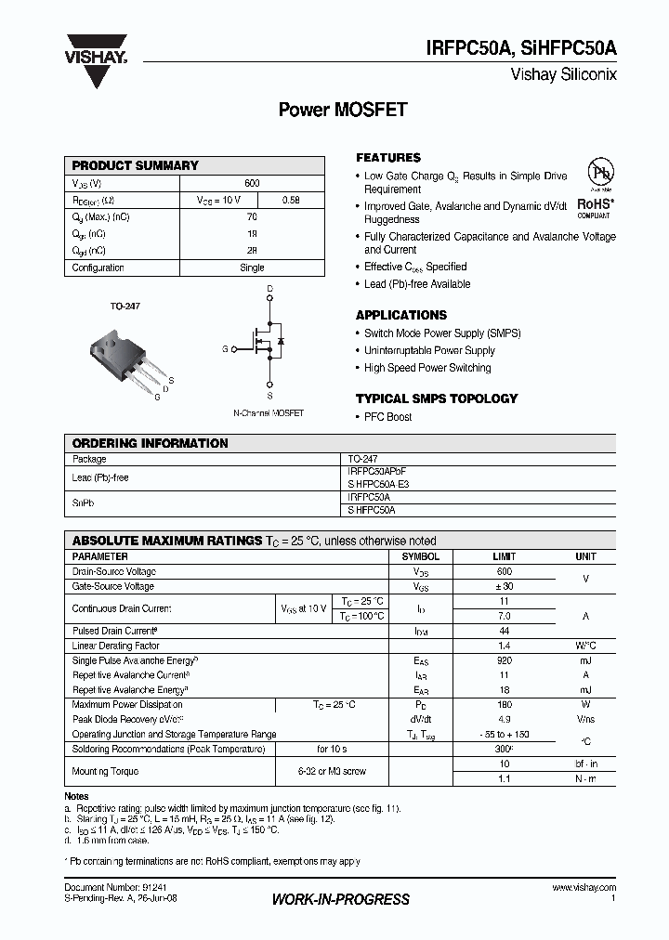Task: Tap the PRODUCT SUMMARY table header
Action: [x=136, y=165]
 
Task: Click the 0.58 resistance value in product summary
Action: [x=290, y=200]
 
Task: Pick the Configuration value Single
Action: [x=252, y=268]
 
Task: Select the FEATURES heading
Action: [x=388, y=158]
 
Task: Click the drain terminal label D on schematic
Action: [x=270, y=290]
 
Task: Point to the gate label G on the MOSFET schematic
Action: [x=224, y=349]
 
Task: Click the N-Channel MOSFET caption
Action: [x=268, y=412]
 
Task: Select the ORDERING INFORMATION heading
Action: [x=150, y=444]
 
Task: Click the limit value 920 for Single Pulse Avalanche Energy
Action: [x=505, y=660]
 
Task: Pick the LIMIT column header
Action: [x=505, y=556]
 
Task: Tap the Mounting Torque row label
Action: [x=105, y=771]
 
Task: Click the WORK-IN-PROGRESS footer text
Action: [x=341, y=899]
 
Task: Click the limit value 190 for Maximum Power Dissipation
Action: [x=505, y=705]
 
